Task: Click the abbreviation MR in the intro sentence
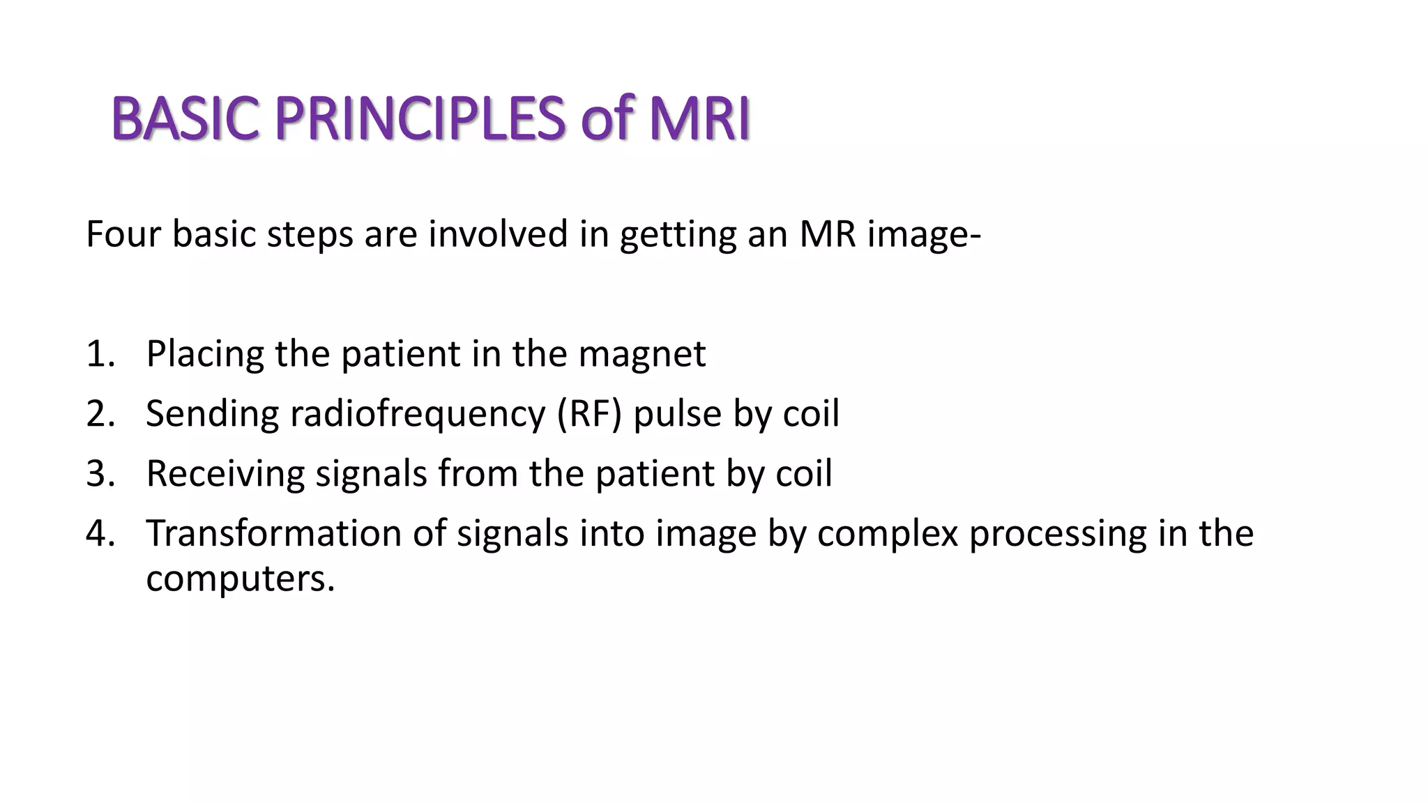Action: [828, 234]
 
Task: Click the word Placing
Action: [205, 354]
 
